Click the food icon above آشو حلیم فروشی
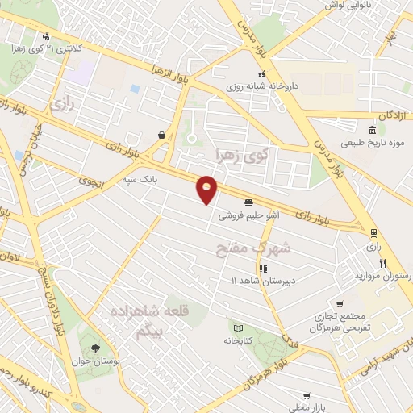click(x=248, y=201)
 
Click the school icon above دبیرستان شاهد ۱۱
click(x=262, y=269)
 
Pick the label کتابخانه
click(x=238, y=340)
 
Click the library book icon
click(x=238, y=327)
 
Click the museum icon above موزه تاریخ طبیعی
click(x=371, y=131)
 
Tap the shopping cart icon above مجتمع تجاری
click(x=340, y=304)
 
